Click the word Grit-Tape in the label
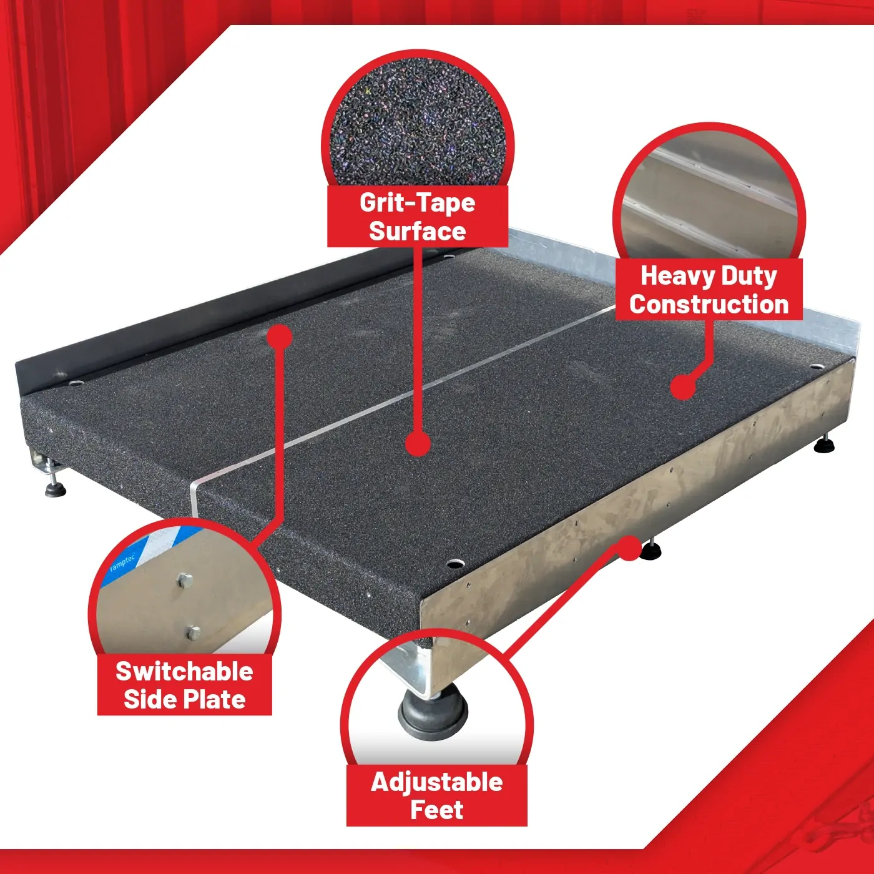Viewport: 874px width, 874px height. coord(417,203)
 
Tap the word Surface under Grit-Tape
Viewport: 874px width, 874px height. coord(417,231)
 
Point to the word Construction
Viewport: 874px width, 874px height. coord(709,304)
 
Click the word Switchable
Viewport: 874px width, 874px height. coord(184,671)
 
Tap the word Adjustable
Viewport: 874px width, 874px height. coord(437,782)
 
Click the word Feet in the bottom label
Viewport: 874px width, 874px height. coord(437,810)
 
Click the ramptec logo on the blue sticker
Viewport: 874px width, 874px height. coord(122,563)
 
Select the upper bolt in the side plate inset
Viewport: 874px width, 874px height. coord(184,581)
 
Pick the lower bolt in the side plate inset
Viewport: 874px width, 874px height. coord(193,632)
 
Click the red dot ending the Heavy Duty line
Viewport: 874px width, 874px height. coord(683,386)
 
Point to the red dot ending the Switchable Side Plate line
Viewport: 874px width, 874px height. coord(280,336)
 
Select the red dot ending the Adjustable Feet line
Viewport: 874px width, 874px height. coord(629,548)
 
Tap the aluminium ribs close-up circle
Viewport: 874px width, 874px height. coord(709,195)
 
